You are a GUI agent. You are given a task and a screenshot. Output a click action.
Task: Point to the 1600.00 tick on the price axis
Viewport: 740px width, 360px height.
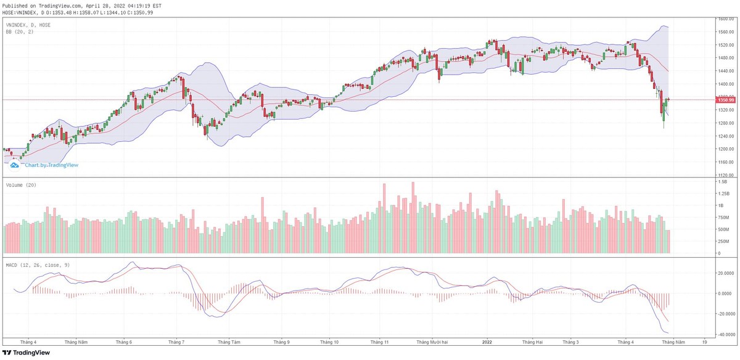click(x=724, y=19)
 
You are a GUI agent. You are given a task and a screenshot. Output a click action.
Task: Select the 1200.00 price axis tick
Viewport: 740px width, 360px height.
click(x=724, y=149)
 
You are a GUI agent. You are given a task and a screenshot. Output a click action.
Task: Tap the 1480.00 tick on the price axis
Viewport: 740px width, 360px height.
click(x=724, y=58)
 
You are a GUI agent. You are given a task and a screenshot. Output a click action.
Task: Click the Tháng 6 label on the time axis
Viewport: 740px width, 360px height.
click(x=123, y=342)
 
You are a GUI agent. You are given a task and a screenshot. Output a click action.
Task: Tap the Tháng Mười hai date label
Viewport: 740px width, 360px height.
click(x=431, y=342)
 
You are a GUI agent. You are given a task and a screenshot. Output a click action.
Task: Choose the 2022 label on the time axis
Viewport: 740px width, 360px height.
click(x=487, y=342)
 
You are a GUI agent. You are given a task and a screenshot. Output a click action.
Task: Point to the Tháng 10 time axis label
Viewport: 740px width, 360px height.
click(x=329, y=342)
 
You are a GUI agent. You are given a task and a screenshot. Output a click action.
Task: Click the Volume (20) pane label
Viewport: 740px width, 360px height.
click(x=20, y=185)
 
